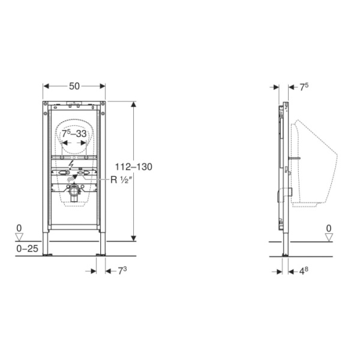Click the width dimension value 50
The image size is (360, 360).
(74, 86)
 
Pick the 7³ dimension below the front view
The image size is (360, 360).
(121, 271)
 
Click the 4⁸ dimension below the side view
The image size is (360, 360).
(304, 271)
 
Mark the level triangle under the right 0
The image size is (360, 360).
(328, 237)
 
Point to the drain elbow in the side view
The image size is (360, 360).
(286, 193)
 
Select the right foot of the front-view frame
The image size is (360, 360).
(103, 253)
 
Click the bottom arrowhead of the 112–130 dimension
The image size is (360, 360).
(134, 238)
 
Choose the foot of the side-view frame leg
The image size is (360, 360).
(285, 253)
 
